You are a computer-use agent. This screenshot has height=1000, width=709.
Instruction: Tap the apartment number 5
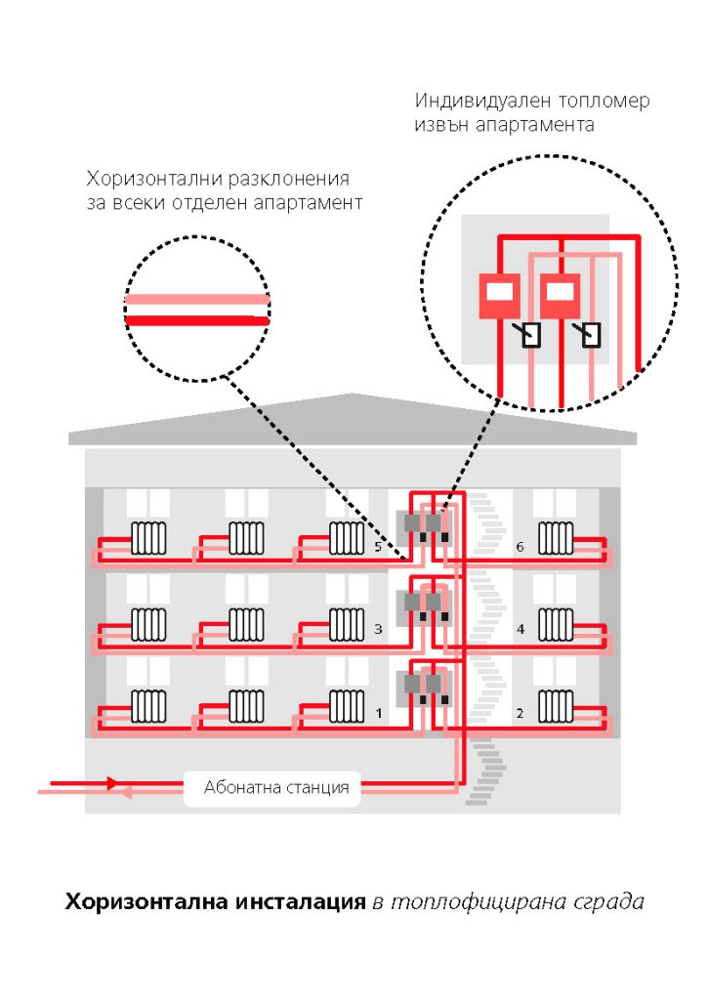point(378,547)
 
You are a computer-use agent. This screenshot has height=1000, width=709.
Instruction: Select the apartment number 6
point(521,547)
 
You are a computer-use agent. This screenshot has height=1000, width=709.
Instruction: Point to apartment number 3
point(378,630)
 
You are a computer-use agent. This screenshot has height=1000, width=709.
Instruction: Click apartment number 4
point(521,630)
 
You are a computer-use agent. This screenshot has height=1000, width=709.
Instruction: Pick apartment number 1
point(379,713)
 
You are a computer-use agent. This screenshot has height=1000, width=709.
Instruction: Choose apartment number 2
point(520,713)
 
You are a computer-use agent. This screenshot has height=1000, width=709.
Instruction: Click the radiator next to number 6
point(556,539)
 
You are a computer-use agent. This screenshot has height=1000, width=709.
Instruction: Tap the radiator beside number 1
point(347,706)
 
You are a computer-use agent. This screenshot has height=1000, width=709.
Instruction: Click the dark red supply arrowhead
point(113,782)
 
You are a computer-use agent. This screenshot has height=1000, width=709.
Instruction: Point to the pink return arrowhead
point(126,793)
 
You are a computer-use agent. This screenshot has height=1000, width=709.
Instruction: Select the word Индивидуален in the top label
point(482,101)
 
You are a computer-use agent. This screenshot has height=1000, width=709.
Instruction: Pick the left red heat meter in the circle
point(499,296)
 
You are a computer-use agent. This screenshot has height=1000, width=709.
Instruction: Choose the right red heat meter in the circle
point(560,296)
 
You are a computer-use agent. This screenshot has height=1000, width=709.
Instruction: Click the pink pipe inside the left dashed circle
point(196,300)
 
